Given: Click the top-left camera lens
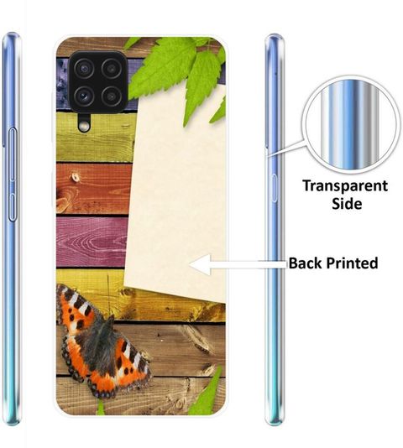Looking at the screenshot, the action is point(84,69).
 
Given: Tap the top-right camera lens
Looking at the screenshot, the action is point(112,69).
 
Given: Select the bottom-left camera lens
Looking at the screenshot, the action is point(84,96).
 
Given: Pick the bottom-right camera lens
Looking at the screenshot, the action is point(112,96).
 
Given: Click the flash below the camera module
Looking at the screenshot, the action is point(84,125).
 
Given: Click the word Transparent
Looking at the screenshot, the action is point(345,186).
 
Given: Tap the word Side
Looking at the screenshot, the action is point(347,204).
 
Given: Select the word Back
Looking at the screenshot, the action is point(306,263).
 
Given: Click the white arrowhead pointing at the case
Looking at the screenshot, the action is point(200,265).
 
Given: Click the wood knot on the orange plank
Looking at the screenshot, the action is point(76,177).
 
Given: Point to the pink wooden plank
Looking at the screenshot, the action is point(92,242).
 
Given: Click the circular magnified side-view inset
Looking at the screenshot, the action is point(351,125).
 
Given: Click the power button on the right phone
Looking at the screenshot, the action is point(275,188).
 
